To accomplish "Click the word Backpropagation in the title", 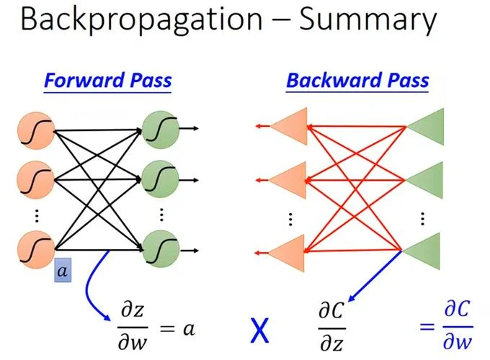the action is [141, 19].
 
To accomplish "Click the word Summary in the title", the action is [367, 19].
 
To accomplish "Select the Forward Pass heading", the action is [108, 81].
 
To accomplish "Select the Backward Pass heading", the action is [357, 81].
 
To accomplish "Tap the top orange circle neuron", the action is [36, 131].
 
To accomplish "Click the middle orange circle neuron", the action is [35, 180].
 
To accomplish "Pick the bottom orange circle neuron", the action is [35, 249].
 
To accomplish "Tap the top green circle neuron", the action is [161, 130].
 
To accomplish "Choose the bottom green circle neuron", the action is [161, 249].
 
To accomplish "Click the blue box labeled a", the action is [63, 270].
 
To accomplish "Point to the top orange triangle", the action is [289, 127].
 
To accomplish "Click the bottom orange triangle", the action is [287, 253].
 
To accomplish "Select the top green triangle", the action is [425, 127].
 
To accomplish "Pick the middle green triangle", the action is [424, 180].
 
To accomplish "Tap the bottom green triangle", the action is [422, 251].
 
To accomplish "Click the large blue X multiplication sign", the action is [259, 330].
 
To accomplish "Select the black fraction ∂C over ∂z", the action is [331, 327].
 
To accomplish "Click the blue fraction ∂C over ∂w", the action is [458, 325].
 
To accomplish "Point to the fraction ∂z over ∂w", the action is [133, 327].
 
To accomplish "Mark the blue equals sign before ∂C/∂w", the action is [427, 327].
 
